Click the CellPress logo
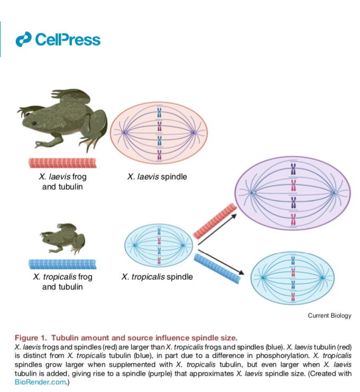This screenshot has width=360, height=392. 58,40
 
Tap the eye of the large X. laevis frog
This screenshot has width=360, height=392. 34,123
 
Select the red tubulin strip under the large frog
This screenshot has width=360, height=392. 62,163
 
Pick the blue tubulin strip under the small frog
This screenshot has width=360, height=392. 62,264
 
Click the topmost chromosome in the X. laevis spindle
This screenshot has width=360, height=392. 159,113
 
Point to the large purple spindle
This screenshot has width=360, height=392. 293,193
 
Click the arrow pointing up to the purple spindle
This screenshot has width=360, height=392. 217,229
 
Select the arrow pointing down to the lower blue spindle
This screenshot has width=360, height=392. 221,262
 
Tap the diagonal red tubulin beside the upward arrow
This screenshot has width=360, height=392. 215,221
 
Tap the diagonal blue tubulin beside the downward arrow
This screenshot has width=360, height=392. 218,269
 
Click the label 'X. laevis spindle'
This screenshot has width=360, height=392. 157,177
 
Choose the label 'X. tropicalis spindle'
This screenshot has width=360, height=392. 157,277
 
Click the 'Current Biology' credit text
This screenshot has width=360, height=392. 329,316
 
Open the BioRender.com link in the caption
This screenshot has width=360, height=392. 40,382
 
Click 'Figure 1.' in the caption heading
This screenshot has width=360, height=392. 31,338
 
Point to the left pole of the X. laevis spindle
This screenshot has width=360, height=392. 124,132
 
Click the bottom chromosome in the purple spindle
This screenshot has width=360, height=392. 293,219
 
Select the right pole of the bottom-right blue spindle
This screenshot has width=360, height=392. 322,278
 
